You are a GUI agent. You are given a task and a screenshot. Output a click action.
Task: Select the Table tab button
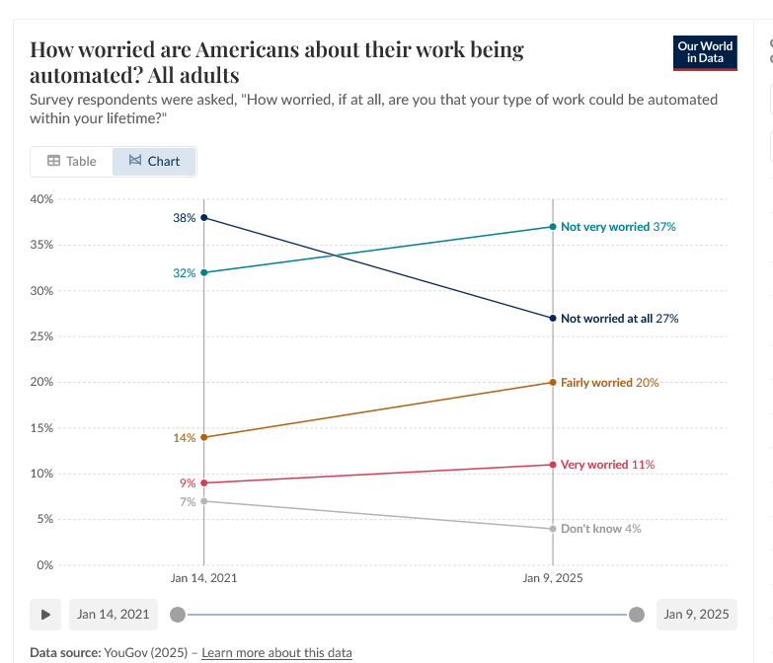pos(72,161)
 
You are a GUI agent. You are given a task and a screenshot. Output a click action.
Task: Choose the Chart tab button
pos(154,161)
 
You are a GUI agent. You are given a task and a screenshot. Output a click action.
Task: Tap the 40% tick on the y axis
pos(41,199)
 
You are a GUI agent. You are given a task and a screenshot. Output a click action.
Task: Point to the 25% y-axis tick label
pos(41,336)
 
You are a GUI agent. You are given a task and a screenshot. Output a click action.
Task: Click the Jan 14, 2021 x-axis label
pos(204,578)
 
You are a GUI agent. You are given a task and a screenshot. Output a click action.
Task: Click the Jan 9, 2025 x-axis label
pos(553,578)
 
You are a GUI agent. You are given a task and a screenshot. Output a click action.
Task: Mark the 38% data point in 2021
pos(204,217)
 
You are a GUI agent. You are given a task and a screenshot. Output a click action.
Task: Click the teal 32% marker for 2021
pos(204,272)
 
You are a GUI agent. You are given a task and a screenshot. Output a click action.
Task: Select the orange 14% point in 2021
pos(204,437)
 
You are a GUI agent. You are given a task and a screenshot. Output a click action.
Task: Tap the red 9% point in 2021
pos(204,482)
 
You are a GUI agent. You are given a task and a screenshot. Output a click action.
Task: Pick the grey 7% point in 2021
pos(204,501)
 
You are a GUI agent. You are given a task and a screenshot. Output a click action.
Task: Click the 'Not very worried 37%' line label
pos(618,227)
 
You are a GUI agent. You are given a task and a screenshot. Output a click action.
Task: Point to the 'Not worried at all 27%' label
pos(619,319)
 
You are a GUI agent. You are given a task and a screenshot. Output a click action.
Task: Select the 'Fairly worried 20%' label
pos(609,383)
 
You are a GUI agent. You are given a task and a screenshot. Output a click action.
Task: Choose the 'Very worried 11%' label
pos(607,465)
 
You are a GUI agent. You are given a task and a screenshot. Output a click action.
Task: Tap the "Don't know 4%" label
pos(600,529)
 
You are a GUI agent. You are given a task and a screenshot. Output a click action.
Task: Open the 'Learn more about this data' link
pos(276,652)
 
